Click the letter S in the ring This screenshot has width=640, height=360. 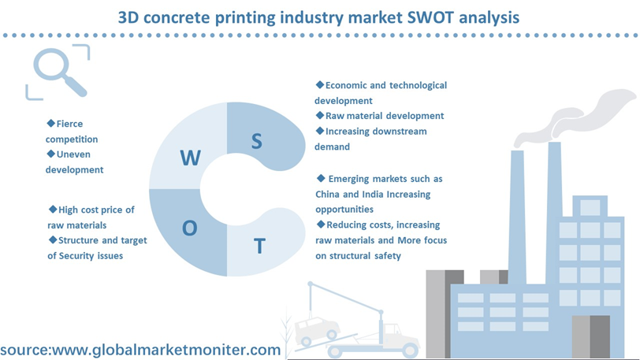tap(256, 141)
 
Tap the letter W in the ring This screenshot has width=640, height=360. tap(190, 158)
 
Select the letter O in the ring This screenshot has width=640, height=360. tap(189, 228)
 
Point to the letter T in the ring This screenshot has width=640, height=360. tap(259, 246)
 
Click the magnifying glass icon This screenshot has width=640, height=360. tap(60, 72)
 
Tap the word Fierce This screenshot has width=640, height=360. tap(69, 124)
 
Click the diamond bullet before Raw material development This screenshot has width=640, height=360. tap(319, 116)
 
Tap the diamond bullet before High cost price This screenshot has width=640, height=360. tap(53, 210)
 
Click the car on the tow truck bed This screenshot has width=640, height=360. tap(317, 328)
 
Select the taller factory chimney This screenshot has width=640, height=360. tap(554, 213)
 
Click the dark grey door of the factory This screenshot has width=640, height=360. tap(600, 337)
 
